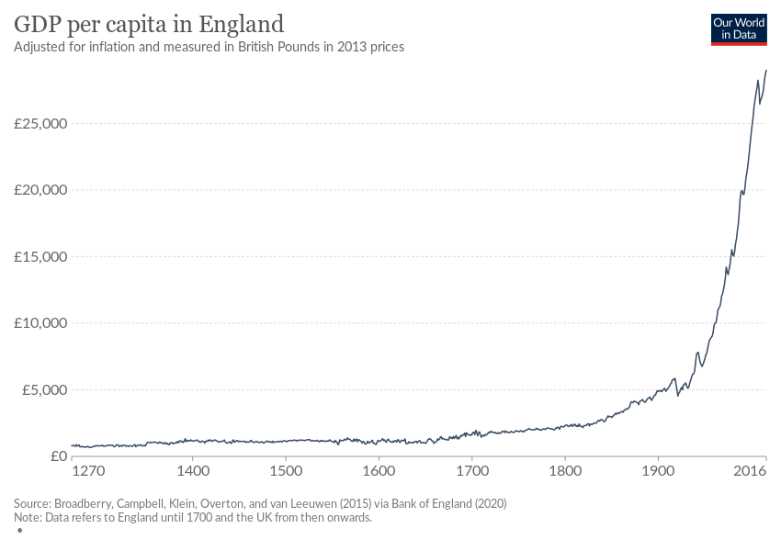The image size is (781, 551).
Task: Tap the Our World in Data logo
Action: click(x=738, y=28)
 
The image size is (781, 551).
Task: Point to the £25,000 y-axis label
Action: click(x=41, y=123)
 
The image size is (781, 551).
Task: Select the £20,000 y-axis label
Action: click(x=41, y=190)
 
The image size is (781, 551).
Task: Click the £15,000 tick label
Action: click(x=41, y=256)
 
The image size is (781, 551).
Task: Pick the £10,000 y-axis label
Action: click(x=41, y=323)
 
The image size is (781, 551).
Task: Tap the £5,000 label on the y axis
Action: click(x=45, y=389)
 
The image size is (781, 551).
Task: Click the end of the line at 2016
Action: click(x=766, y=71)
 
